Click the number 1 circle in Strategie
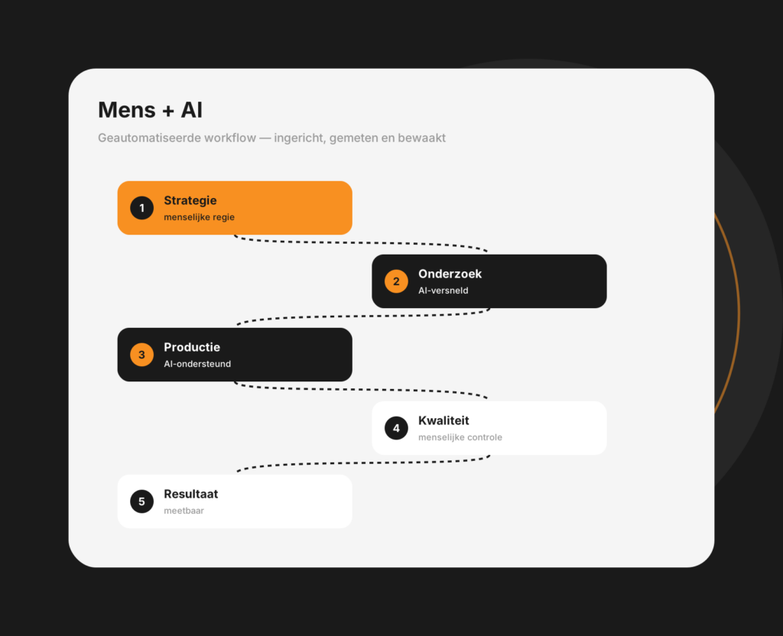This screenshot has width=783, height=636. tap(141, 208)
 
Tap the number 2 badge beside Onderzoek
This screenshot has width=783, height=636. tap(396, 281)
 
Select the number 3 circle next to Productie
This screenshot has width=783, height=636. tap(141, 355)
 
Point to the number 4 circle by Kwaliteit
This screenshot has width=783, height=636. tap(396, 428)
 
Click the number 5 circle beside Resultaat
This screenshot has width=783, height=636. tap(141, 501)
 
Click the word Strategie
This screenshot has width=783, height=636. tap(190, 201)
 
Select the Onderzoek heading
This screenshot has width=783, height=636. tap(450, 274)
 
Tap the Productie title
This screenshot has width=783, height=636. tap(192, 347)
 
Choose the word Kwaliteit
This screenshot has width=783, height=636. tap(443, 420)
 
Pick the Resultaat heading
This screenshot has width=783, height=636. tap(190, 494)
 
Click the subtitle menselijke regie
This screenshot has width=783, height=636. tap(200, 217)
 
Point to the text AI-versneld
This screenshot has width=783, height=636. tap(443, 290)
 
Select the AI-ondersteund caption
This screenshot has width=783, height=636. tap(197, 364)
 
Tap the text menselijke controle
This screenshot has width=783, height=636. tap(460, 437)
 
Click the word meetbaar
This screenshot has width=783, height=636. tap(184, 511)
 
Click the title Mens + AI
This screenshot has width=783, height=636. tap(150, 110)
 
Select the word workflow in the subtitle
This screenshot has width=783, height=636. tap(231, 138)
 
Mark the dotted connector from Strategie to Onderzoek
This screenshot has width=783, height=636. tap(361, 243)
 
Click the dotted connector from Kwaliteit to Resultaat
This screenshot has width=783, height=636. tap(363, 463)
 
